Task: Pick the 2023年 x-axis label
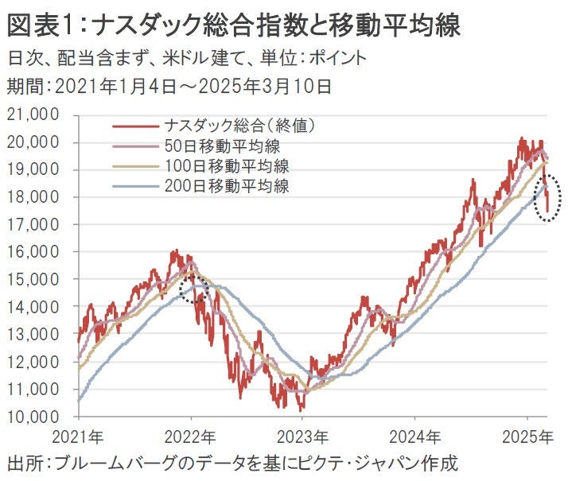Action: (305, 436)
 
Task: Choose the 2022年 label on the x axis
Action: (193, 436)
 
